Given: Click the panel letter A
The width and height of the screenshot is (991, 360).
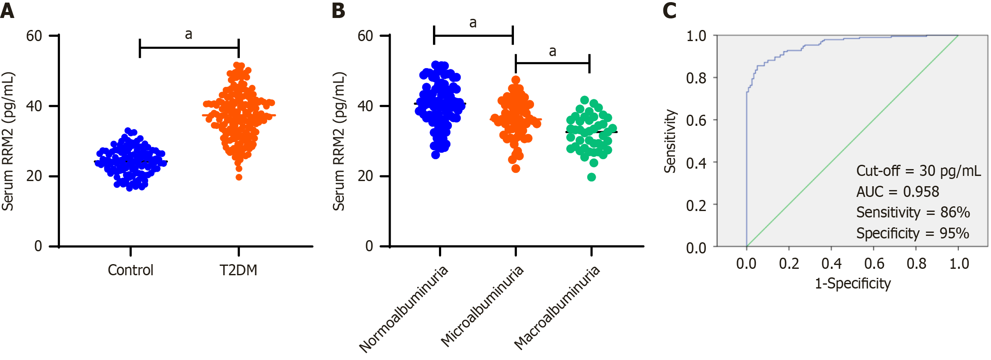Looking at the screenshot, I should (x=7, y=11).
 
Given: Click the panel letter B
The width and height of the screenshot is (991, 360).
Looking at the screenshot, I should (x=338, y=11).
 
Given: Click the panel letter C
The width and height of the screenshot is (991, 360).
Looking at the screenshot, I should (x=669, y=11).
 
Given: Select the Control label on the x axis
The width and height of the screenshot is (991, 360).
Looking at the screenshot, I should (x=131, y=270).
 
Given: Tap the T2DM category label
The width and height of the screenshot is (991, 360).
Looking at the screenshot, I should (x=238, y=270).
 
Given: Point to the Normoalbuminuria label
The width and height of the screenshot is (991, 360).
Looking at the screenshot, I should (x=403, y=309).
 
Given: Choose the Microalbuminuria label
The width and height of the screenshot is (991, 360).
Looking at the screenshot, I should (x=482, y=306).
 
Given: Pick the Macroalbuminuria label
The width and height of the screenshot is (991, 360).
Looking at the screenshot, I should (x=557, y=308).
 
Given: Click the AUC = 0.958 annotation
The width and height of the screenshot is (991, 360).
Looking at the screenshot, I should (x=898, y=192).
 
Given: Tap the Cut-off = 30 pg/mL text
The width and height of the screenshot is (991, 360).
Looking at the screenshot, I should (x=918, y=171).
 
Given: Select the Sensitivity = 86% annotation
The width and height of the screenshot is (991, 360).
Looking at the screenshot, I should (x=913, y=212).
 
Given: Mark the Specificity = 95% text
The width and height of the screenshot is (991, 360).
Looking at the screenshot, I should (x=912, y=233).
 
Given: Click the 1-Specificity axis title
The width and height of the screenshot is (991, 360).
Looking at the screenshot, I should (x=852, y=283).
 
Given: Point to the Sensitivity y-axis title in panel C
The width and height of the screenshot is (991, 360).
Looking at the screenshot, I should (x=670, y=141).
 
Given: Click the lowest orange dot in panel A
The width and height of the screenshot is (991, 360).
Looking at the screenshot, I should (x=239, y=177).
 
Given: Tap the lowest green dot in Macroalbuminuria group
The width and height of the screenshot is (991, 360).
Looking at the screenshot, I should (x=591, y=177).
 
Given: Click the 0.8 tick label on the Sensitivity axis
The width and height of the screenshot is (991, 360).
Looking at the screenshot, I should (x=696, y=78).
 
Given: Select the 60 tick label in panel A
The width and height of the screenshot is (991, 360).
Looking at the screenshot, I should (x=34, y=36).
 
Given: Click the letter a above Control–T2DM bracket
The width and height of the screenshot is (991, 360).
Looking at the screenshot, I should (x=188, y=34).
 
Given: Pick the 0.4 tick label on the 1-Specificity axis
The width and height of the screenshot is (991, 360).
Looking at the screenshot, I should (x=831, y=264).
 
